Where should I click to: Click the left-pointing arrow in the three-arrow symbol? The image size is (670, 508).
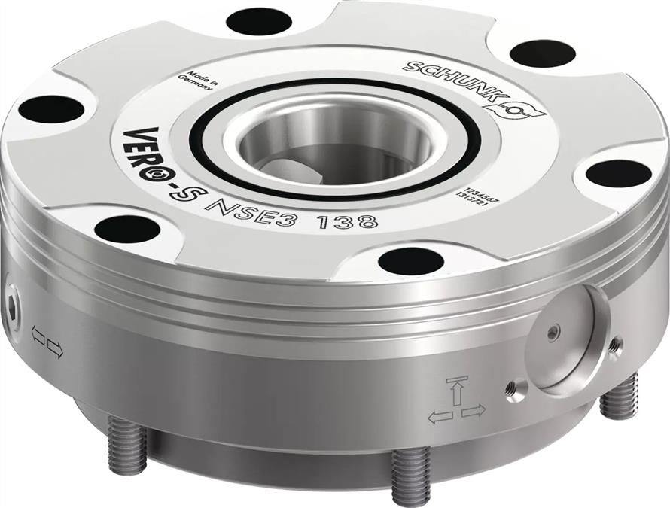point(440,416)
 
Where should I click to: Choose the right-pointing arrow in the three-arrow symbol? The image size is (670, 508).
point(474,411)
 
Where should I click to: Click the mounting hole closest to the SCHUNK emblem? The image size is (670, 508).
point(543,53)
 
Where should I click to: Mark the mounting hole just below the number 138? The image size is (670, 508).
point(410,260)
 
